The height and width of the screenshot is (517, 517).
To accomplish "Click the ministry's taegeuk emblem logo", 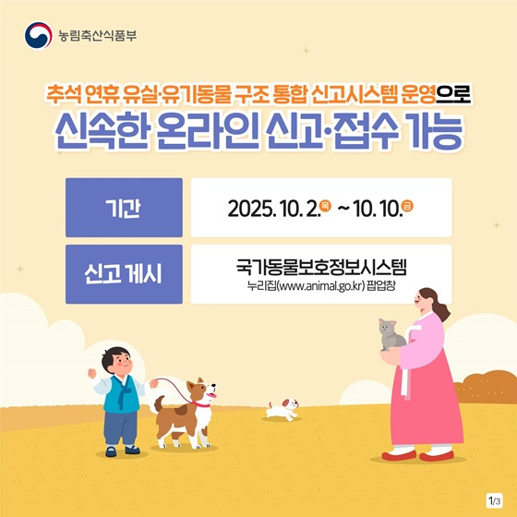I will point(36,36).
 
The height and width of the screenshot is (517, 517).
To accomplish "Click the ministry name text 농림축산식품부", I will point(96,37).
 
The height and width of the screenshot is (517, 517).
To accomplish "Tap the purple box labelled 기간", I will point(124,208).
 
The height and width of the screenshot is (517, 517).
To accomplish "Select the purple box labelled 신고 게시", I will point(124,274).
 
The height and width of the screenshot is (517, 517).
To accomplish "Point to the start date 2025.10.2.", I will point(271,208).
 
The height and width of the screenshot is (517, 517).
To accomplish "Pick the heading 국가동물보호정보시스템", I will point(320,266).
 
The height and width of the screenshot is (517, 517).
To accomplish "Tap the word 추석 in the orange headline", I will point(70,94).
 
